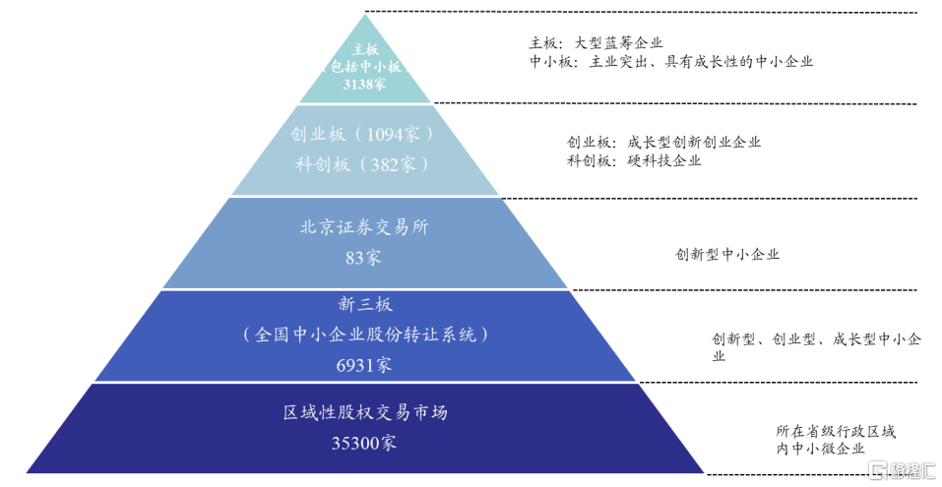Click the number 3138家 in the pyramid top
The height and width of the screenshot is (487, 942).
point(365,85)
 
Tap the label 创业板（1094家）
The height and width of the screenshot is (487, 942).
point(363,135)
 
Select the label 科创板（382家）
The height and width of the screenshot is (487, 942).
point(363,164)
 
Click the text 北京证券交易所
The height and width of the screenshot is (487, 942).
point(364,227)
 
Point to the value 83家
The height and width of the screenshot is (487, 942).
point(364,258)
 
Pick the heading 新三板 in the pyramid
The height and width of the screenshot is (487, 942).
point(364,304)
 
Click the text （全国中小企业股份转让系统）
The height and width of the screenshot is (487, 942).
point(364,335)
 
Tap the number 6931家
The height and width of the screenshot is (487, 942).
point(364,365)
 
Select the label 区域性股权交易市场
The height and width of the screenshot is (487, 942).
point(364,412)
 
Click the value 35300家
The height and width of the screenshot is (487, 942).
point(364,443)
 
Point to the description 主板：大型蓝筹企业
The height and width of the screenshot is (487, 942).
point(596,43)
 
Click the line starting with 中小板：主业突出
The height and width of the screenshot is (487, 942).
point(671,61)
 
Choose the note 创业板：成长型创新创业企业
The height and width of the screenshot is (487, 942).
point(663,142)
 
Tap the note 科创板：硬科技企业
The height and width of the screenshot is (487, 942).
point(634,160)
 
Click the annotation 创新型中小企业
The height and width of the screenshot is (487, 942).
point(726,254)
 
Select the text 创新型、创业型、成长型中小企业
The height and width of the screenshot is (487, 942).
point(816,340)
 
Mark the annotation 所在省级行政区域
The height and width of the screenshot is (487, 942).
point(836,431)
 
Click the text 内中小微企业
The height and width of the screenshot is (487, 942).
point(819,449)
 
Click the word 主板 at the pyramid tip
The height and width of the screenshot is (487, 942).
point(365,48)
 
